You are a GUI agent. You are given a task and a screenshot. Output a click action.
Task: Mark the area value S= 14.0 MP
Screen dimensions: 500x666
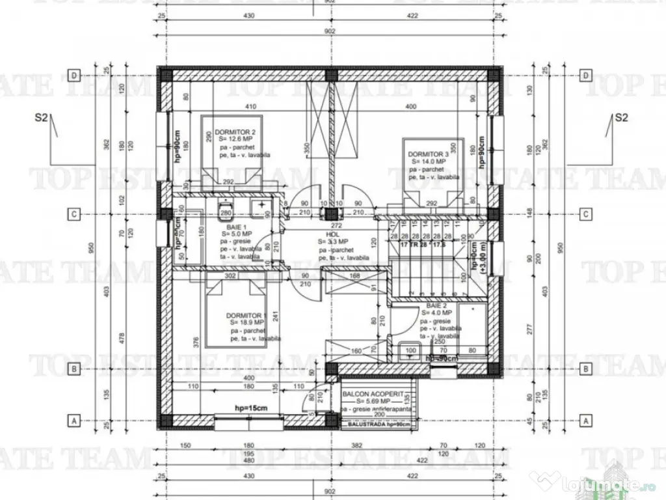point(427,161)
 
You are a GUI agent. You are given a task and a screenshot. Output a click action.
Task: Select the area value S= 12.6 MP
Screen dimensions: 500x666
point(236,139)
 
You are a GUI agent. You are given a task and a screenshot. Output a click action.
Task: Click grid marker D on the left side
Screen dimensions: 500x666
point(75,76)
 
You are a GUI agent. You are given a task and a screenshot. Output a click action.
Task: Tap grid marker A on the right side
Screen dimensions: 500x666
point(587,421)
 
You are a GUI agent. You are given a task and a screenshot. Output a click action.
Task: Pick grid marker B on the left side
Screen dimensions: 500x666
point(75,369)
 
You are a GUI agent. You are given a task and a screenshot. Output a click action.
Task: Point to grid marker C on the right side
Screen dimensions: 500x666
point(587,214)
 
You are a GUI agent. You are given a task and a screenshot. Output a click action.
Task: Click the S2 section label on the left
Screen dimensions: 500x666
point(42,118)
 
